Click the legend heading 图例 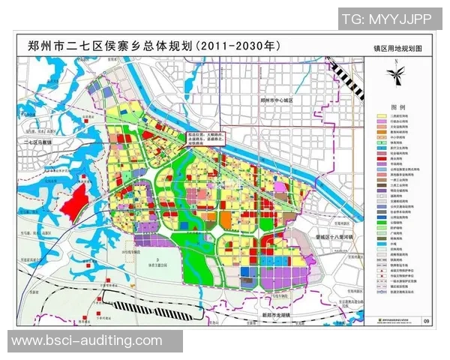[398, 108]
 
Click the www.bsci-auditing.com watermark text [87, 340]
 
